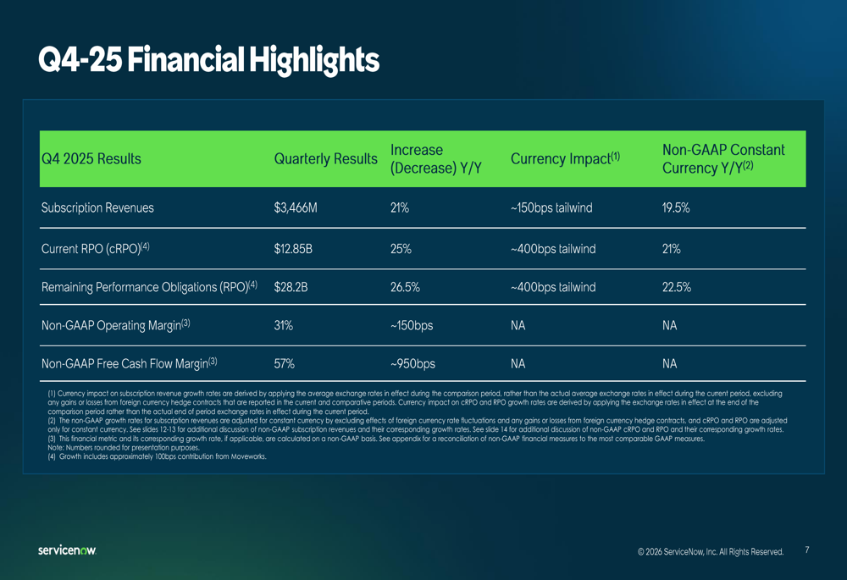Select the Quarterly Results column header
click(325, 159)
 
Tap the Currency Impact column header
click(565, 159)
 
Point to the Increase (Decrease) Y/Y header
click(435, 159)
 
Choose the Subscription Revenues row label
click(97, 207)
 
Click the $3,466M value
click(296, 207)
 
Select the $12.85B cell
click(294, 249)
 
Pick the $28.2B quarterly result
click(291, 287)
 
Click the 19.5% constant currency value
click(675, 207)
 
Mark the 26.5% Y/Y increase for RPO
click(405, 287)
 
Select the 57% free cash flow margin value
click(285, 363)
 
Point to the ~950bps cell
click(412, 363)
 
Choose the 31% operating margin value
click(284, 325)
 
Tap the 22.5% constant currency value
click(676, 287)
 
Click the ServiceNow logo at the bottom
click(67, 550)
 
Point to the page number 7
click(806, 550)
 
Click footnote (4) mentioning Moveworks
click(157, 456)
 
